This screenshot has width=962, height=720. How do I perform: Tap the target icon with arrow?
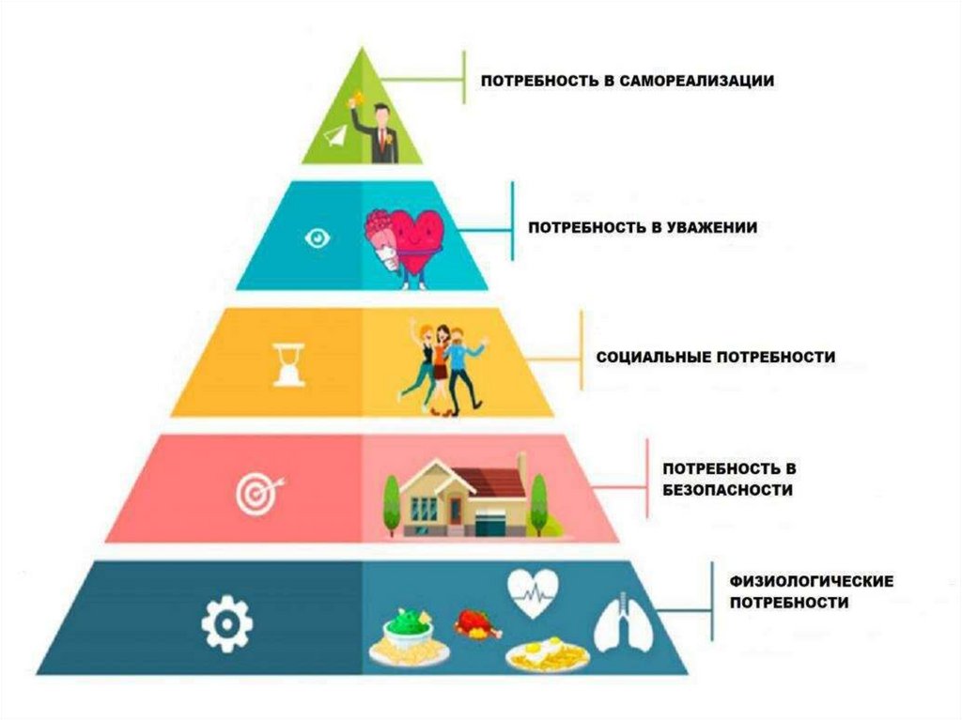[x=256, y=492]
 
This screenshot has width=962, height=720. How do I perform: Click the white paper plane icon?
[x=336, y=137]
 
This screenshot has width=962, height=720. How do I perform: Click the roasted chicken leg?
[x=471, y=622]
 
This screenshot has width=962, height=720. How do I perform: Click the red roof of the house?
[x=489, y=480]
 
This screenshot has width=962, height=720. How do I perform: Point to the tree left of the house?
[x=392, y=502]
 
